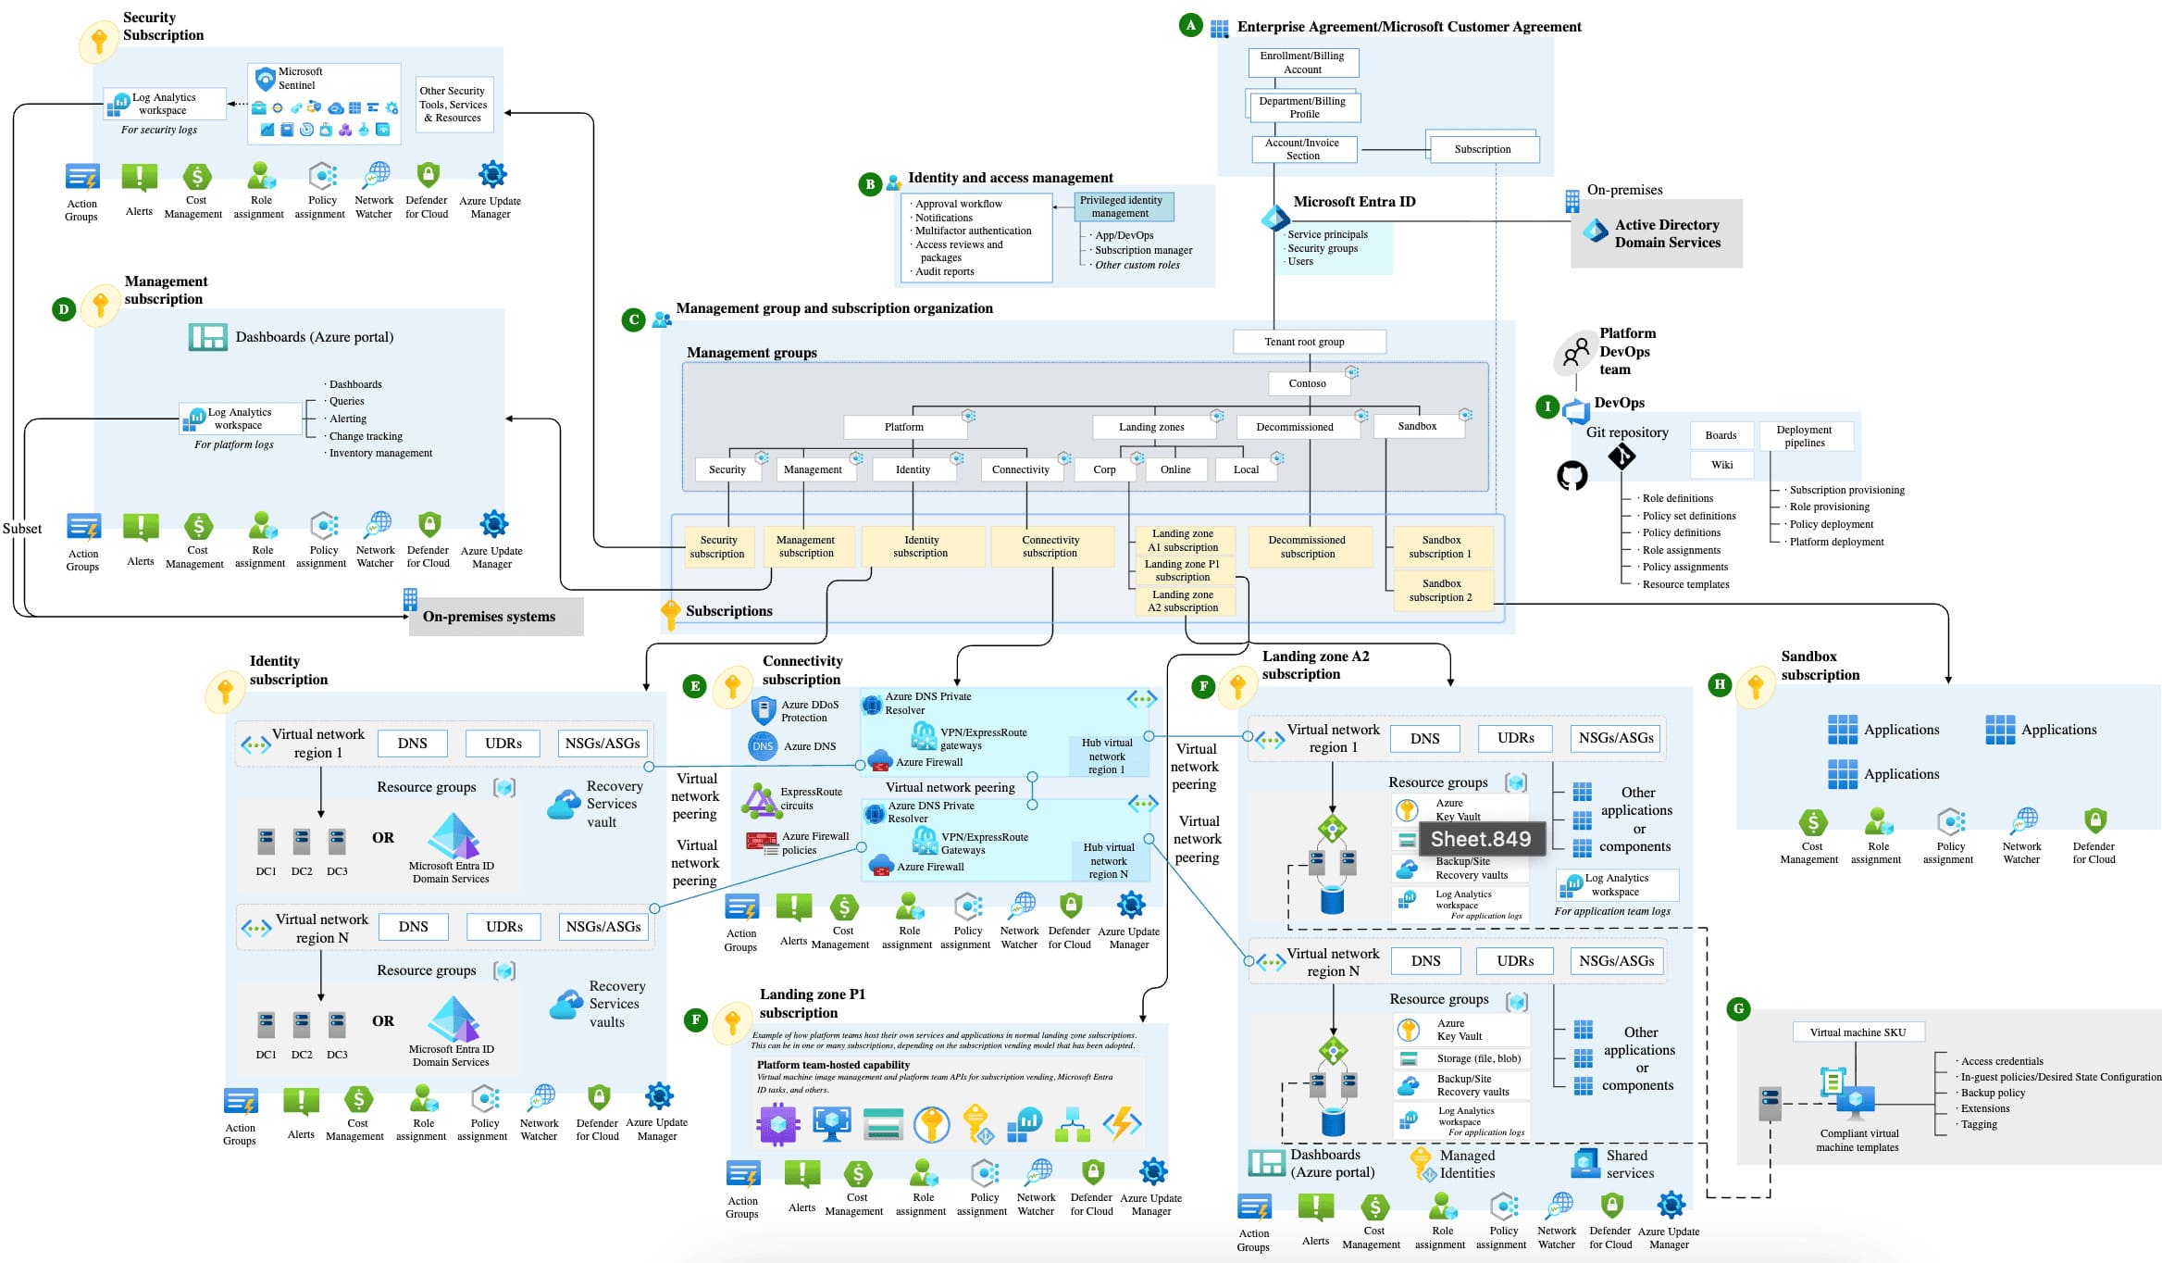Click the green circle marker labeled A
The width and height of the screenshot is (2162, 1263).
(1190, 26)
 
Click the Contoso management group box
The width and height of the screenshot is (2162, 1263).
(1307, 383)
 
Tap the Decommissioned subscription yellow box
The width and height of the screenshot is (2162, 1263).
(1308, 546)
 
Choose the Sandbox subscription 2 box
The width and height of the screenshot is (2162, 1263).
(1441, 591)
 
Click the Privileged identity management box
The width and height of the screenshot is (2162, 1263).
(1123, 206)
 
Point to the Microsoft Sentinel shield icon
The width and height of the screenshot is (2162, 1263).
(265, 78)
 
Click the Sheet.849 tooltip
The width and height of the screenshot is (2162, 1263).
(1481, 839)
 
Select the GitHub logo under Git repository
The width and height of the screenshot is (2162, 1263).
(1572, 476)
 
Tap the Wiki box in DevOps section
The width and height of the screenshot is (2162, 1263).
(1721, 465)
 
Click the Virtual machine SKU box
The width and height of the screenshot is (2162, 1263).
(1858, 1032)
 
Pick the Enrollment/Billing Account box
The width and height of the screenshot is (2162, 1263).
(1302, 63)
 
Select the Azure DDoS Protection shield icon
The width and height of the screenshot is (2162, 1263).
(763, 711)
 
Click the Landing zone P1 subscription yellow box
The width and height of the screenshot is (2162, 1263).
(1182, 570)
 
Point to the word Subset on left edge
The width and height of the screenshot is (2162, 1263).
(22, 529)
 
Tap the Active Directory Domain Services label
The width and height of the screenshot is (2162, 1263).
(1667, 233)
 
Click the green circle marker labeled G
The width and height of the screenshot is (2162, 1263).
(1738, 1009)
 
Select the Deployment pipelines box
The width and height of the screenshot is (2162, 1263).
(1804, 436)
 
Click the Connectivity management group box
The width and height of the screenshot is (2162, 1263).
(1020, 469)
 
